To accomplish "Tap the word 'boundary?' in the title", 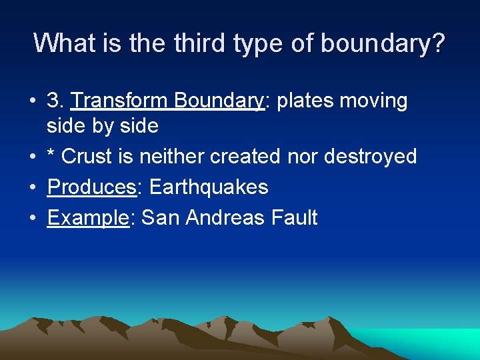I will (383, 43).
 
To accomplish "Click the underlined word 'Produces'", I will (91, 187).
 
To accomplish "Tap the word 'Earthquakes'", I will (209, 188).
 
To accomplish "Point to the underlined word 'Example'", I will (87, 218).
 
